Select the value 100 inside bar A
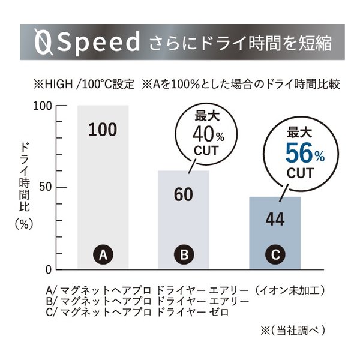[x=103, y=129]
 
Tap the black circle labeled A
[x=103, y=254]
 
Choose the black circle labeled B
[x=184, y=254]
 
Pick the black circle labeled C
[x=275, y=254]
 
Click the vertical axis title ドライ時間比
[x=25, y=178]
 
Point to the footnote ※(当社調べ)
[x=290, y=329]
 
